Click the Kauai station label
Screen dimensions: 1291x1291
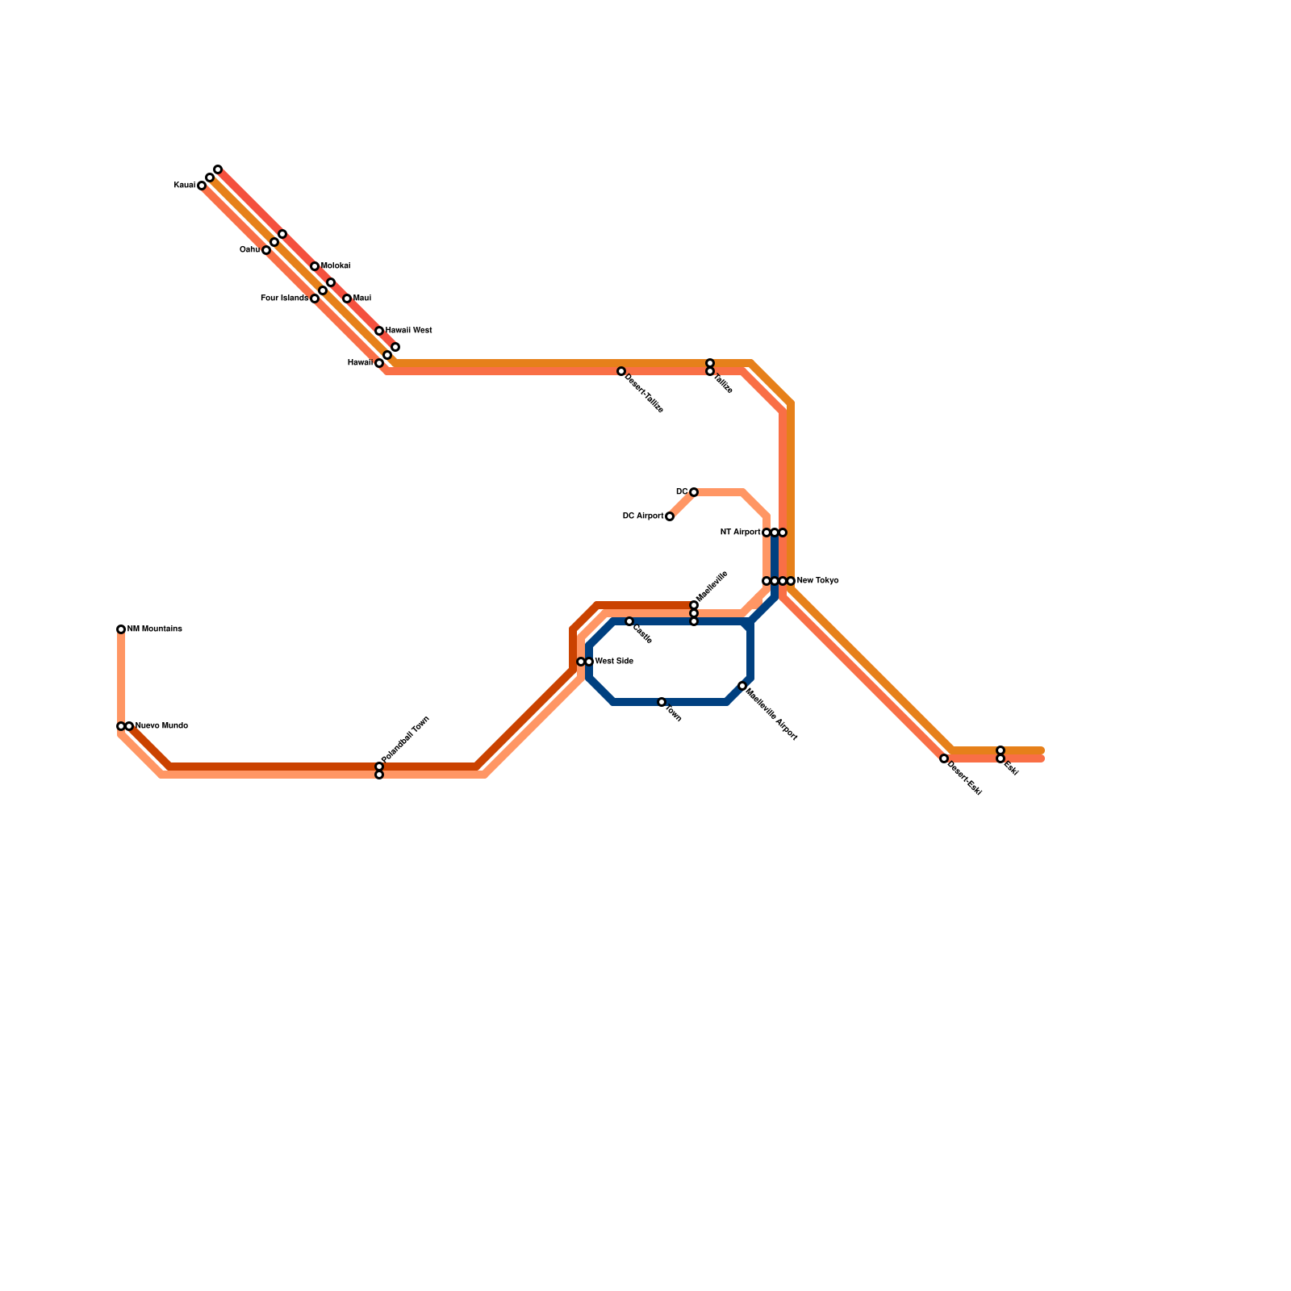pyautogui.click(x=185, y=186)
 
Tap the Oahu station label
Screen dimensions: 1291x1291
pyautogui.click(x=249, y=250)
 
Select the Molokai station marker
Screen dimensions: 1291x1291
pyautogui.click(x=315, y=266)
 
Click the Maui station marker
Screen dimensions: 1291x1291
pyautogui.click(x=347, y=299)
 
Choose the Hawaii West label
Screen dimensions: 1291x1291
pyautogui.click(x=408, y=331)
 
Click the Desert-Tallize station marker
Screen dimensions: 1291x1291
pyautogui.click(x=621, y=371)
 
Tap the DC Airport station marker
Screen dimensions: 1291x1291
pyautogui.click(x=670, y=516)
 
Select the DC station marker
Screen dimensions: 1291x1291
pyautogui.click(x=694, y=492)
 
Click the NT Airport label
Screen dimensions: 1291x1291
pyautogui.click(x=740, y=533)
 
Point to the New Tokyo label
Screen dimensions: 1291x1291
pyautogui.click(x=817, y=581)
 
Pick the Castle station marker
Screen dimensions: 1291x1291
pyautogui.click(x=629, y=621)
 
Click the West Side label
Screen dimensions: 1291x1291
pyautogui.click(x=614, y=662)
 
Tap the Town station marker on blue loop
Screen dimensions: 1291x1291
pyautogui.click(x=662, y=702)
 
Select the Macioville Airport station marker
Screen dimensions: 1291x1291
pyautogui.click(x=742, y=686)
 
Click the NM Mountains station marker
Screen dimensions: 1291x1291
pyautogui.click(x=121, y=629)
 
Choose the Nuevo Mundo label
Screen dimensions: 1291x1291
pyautogui.click(x=161, y=726)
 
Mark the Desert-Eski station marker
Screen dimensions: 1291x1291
pyautogui.click(x=944, y=758)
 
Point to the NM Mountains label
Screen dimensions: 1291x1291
pyautogui.click(x=155, y=629)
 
